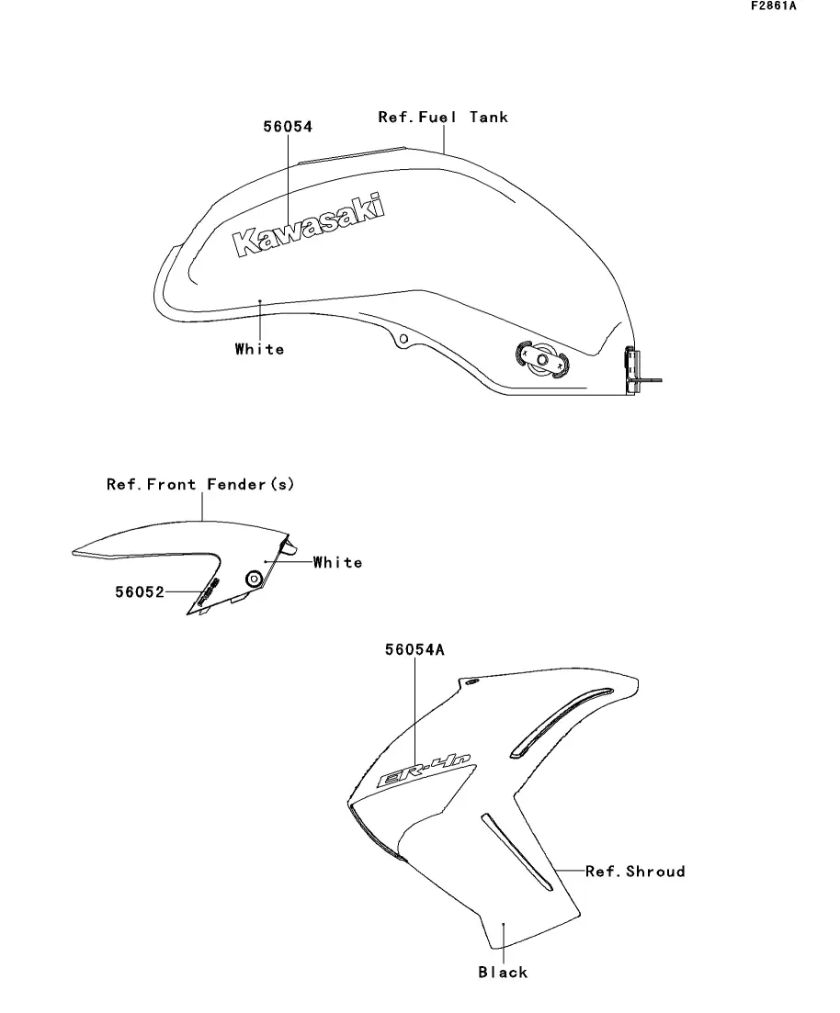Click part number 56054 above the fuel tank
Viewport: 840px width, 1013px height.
point(288,127)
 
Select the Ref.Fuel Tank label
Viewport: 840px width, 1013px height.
point(442,117)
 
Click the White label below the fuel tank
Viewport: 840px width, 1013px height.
point(259,349)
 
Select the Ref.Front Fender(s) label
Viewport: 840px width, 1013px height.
point(200,484)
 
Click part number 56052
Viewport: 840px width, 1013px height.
point(139,592)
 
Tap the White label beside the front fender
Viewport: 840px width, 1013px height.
point(337,562)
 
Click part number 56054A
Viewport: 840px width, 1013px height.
point(414,650)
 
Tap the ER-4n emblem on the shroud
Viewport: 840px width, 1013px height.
point(425,770)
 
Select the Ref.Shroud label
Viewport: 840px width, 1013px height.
point(635,871)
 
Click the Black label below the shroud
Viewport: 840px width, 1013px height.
point(503,972)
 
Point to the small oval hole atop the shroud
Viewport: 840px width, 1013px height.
point(471,683)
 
